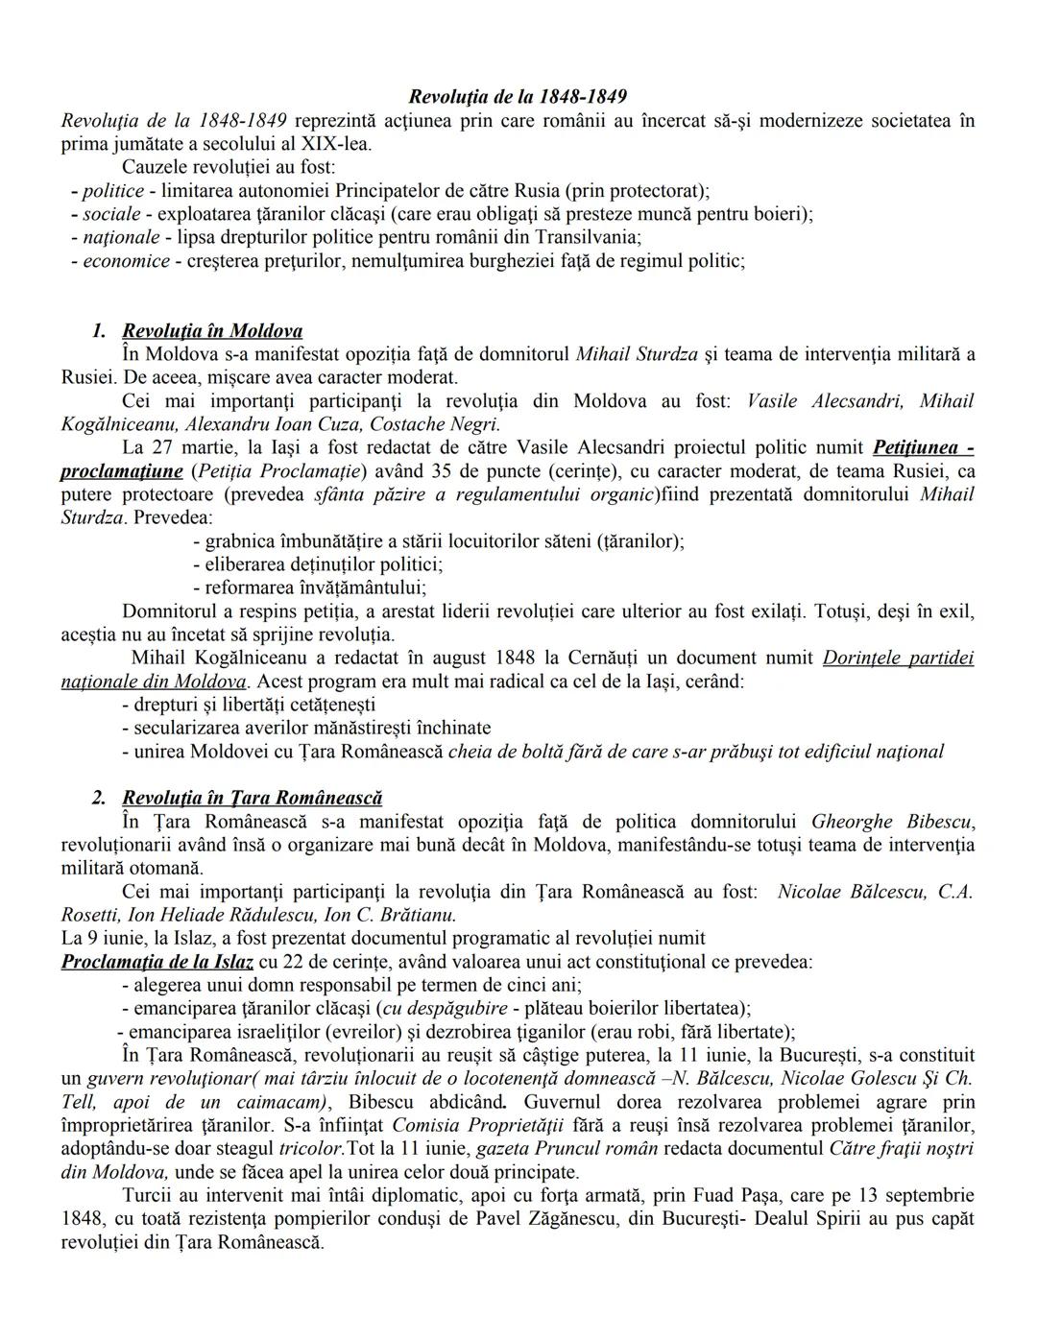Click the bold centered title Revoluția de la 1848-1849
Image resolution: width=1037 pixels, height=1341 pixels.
pyautogui.click(x=518, y=96)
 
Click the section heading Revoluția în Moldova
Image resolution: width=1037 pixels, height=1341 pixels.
pyautogui.click(x=212, y=331)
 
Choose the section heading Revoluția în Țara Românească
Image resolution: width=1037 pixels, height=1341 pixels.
pyautogui.click(x=252, y=799)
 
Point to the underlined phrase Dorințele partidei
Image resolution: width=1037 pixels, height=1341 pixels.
pyautogui.click(x=898, y=659)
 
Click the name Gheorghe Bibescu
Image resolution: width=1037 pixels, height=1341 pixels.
pyautogui.click(x=893, y=822)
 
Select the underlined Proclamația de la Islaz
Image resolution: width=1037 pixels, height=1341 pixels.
pyautogui.click(x=157, y=962)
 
